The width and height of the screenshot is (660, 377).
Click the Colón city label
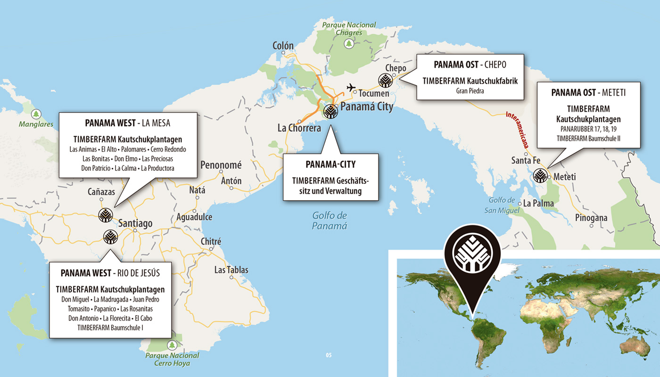click(283, 46)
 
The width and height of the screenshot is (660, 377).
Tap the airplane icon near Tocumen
click(351, 88)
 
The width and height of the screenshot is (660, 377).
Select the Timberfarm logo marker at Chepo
click(385, 81)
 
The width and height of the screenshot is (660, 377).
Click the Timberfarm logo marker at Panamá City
click(330, 111)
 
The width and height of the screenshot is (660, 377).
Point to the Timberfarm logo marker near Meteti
click(539, 176)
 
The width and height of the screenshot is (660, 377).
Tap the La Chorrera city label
click(299, 128)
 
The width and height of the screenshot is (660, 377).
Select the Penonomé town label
click(221, 165)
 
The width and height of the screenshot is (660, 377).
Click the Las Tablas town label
click(231, 270)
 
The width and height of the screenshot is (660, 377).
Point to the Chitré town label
click(211, 241)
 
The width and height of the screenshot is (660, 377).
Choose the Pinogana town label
click(591, 218)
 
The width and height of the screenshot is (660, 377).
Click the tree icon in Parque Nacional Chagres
click(349, 44)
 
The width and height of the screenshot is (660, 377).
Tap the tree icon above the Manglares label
click(36, 114)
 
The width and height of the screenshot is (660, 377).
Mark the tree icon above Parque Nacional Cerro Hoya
click(172, 345)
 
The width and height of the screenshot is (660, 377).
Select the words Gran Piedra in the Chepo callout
click(470, 90)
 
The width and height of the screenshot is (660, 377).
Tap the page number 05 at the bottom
click(329, 355)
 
